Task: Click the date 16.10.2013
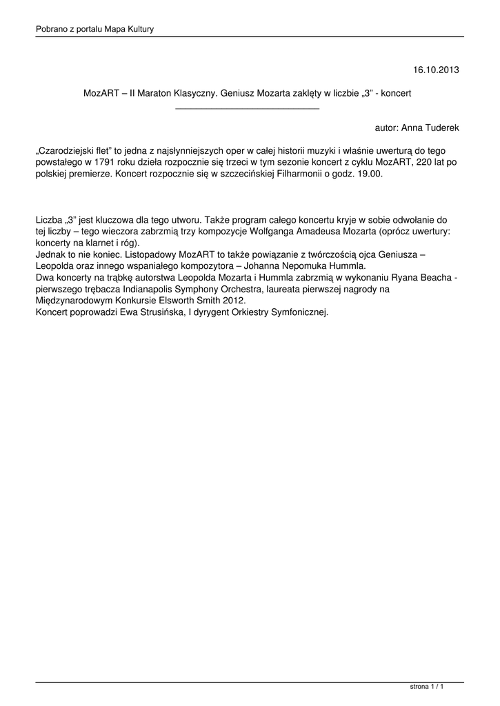(436, 70)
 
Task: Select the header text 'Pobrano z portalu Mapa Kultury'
(94, 29)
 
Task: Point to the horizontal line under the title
(248, 109)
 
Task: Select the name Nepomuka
(306, 266)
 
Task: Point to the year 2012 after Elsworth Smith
(234, 301)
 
